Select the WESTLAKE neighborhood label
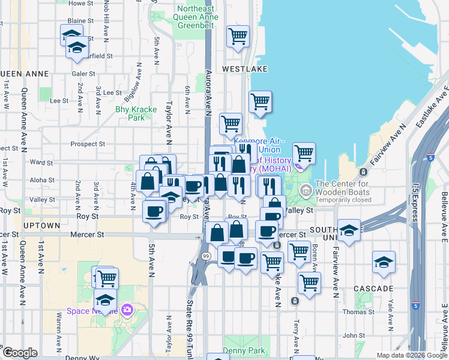click(x=244, y=70)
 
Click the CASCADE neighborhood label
click(x=373, y=289)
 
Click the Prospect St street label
click(x=88, y=144)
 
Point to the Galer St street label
click(x=83, y=73)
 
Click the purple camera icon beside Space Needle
click(x=127, y=310)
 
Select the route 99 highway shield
click(x=205, y=256)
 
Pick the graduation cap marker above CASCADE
click(x=383, y=262)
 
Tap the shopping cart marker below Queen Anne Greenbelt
click(x=238, y=37)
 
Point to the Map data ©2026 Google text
click(x=411, y=355)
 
